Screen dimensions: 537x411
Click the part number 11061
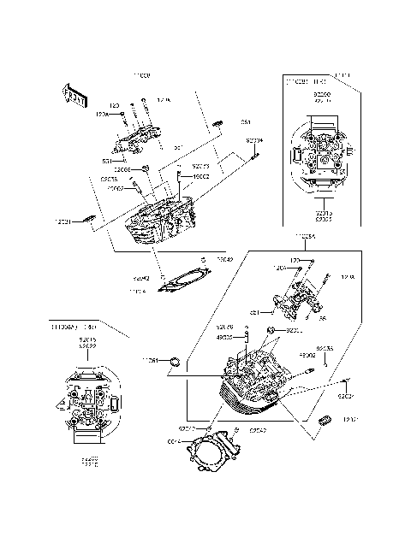pyautogui.click(x=151, y=361)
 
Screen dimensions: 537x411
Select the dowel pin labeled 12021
pyautogui.click(x=86, y=221)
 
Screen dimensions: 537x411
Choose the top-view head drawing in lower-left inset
pyautogui.click(x=87, y=403)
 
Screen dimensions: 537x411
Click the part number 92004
pyautogui.click(x=255, y=139)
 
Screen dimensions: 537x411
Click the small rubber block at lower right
pyautogui.click(x=325, y=421)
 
